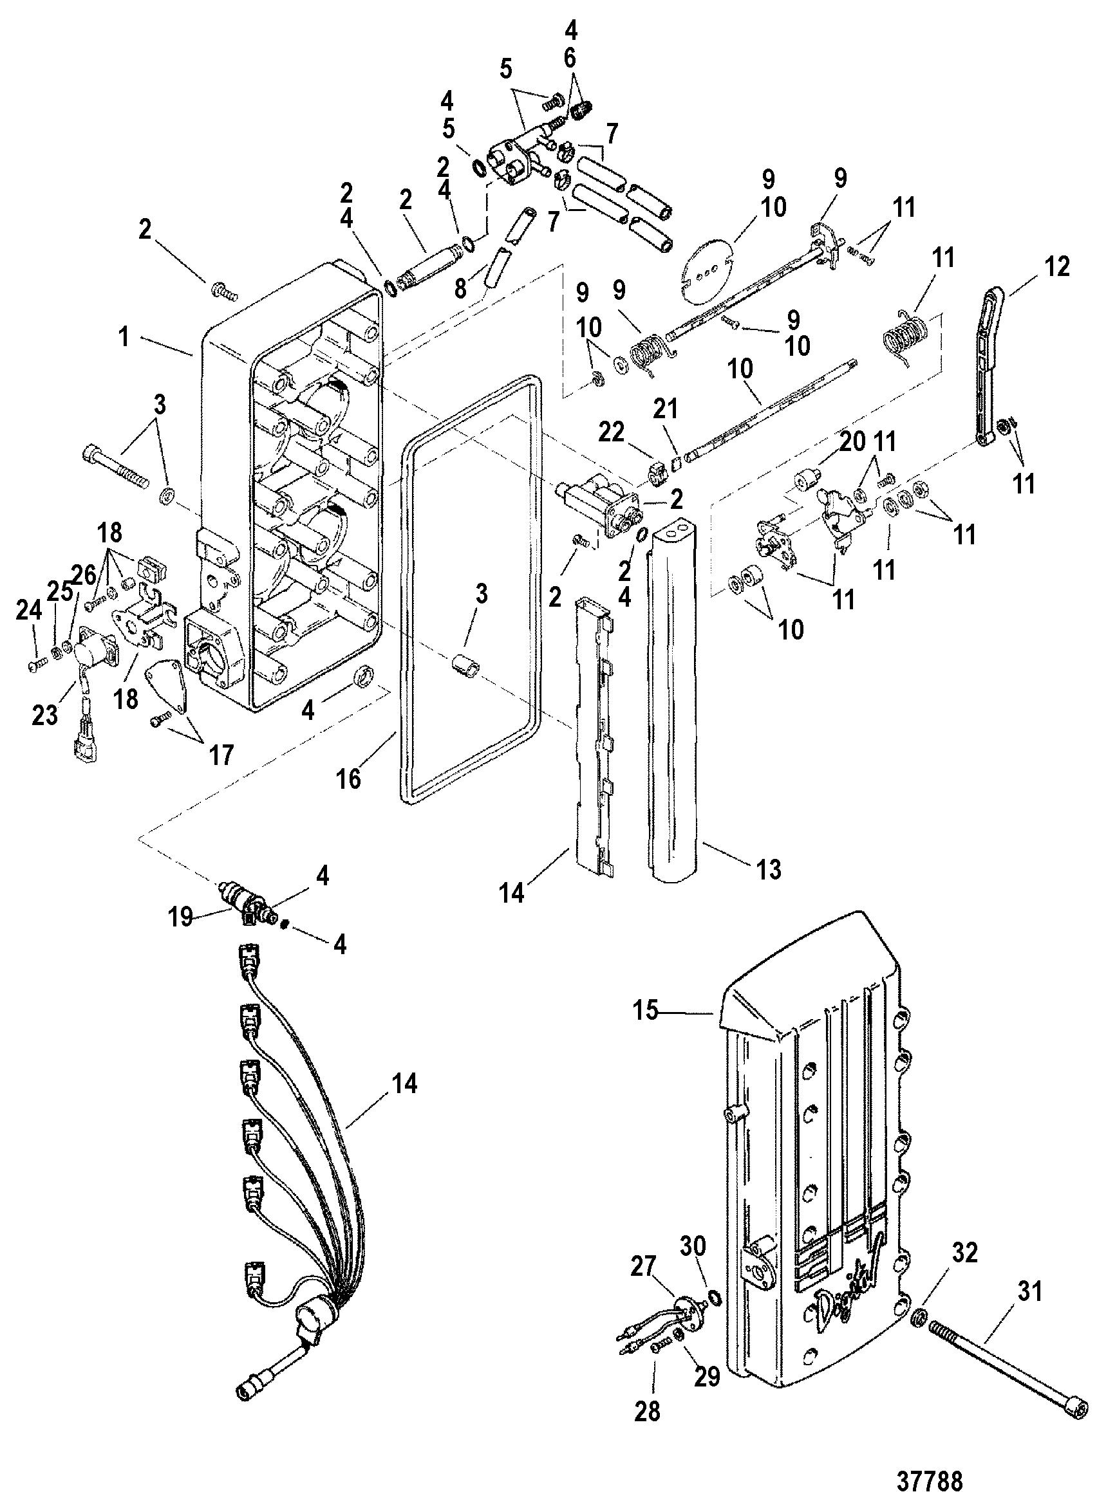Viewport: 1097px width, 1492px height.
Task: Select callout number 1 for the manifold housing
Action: click(x=124, y=338)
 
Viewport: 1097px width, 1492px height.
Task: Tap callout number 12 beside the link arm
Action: click(x=1056, y=267)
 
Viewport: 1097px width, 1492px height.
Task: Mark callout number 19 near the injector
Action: click(x=180, y=917)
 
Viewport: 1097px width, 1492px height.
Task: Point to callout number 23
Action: click(x=44, y=716)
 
